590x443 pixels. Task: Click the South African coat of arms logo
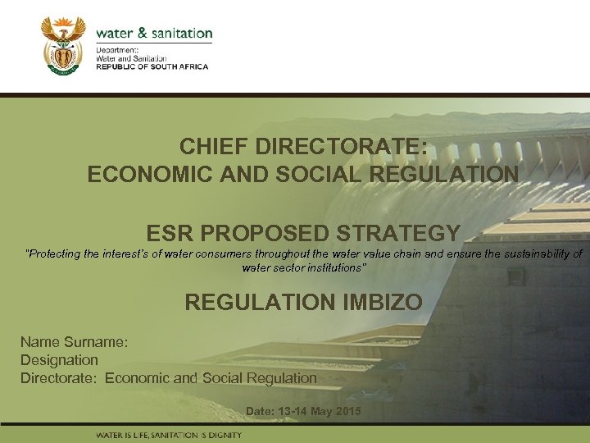click(63, 47)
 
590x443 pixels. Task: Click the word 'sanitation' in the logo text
click(178, 34)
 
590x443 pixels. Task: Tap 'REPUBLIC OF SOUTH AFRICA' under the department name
click(152, 66)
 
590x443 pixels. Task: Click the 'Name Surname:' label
click(74, 341)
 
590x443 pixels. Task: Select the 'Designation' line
click(59, 359)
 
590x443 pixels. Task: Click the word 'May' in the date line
click(320, 410)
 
